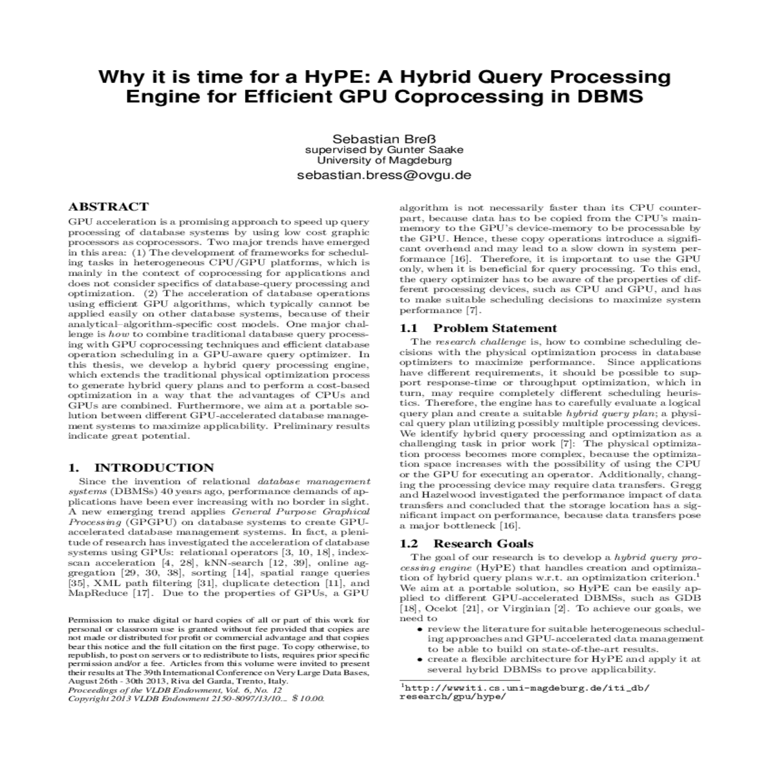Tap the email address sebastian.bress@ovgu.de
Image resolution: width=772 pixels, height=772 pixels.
pyautogui.click(x=384, y=175)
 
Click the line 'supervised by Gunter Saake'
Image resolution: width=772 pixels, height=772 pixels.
pyautogui.click(x=384, y=151)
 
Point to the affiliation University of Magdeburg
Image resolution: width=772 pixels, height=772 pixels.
pyautogui.click(x=385, y=160)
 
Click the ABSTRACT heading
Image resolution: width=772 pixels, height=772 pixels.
pyautogui.click(x=108, y=207)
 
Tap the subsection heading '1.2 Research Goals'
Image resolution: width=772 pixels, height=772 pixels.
pyautogui.click(x=466, y=544)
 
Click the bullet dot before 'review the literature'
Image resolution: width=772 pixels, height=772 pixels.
pyautogui.click(x=420, y=629)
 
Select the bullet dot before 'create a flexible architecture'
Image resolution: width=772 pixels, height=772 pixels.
pyautogui.click(x=420, y=659)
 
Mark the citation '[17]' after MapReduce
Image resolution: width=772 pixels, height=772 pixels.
pyautogui.click(x=142, y=593)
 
